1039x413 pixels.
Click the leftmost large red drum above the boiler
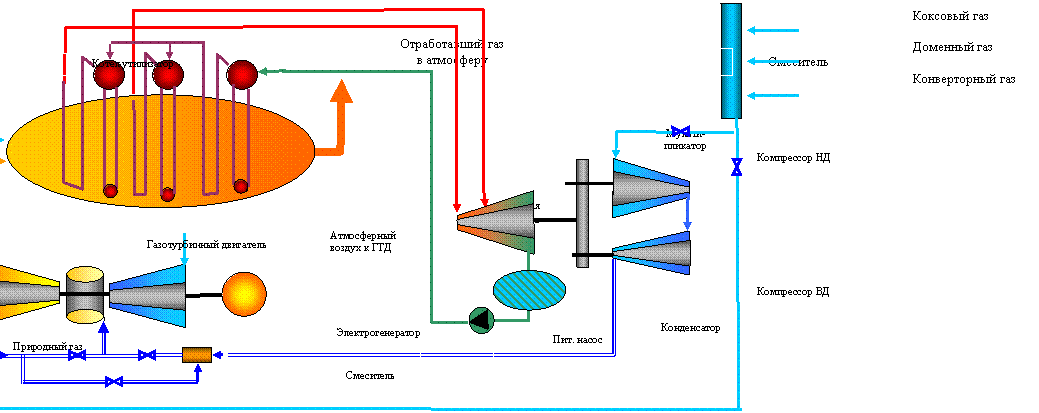tap(109, 74)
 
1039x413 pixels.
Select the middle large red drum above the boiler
tap(168, 74)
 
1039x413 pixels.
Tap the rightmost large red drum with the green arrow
tap(242, 74)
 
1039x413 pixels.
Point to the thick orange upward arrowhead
tap(342, 93)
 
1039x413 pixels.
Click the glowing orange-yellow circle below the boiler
tap(244, 294)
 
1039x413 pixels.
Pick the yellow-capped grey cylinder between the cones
tap(85, 295)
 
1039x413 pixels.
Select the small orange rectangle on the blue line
tap(197, 355)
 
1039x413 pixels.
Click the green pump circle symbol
tap(481, 319)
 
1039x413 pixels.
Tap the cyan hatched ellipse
tap(529, 290)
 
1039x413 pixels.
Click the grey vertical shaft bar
tap(582, 213)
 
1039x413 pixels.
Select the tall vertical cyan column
tap(731, 60)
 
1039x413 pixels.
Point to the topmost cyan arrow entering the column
tap(772, 31)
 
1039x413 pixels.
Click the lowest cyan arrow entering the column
tap(772, 96)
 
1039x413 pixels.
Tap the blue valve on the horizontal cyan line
tap(681, 132)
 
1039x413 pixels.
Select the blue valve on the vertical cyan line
tap(737, 166)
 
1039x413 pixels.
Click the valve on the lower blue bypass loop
tap(114, 381)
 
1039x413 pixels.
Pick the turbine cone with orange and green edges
tap(497, 221)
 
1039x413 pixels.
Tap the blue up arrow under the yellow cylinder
tap(103, 335)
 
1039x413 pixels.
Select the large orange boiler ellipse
tap(160, 151)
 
